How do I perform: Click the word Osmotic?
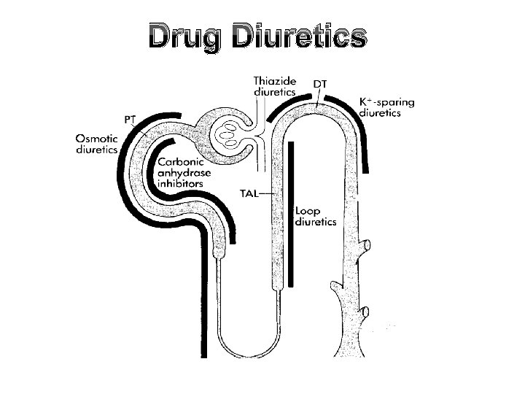pos(100,136)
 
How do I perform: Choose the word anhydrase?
pos(184,173)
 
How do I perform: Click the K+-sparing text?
pos(386,102)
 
